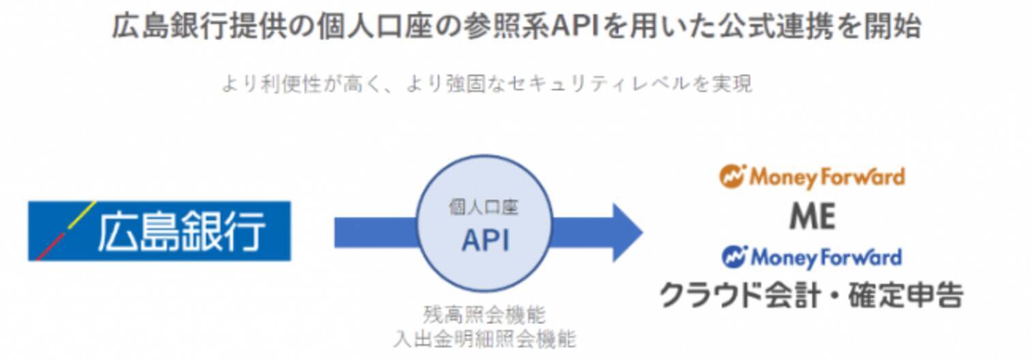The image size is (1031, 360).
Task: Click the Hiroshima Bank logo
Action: (159, 231)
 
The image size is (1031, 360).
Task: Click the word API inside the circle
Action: (485, 240)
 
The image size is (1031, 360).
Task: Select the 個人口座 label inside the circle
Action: (484, 207)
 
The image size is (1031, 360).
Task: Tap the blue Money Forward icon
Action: (734, 257)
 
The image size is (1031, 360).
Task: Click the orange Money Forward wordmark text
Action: (826, 177)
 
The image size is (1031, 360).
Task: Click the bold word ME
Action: (811, 217)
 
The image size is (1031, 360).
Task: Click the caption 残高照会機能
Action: (484, 315)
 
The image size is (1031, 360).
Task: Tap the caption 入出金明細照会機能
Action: (484, 338)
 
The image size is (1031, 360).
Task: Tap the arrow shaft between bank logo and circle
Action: (375, 232)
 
